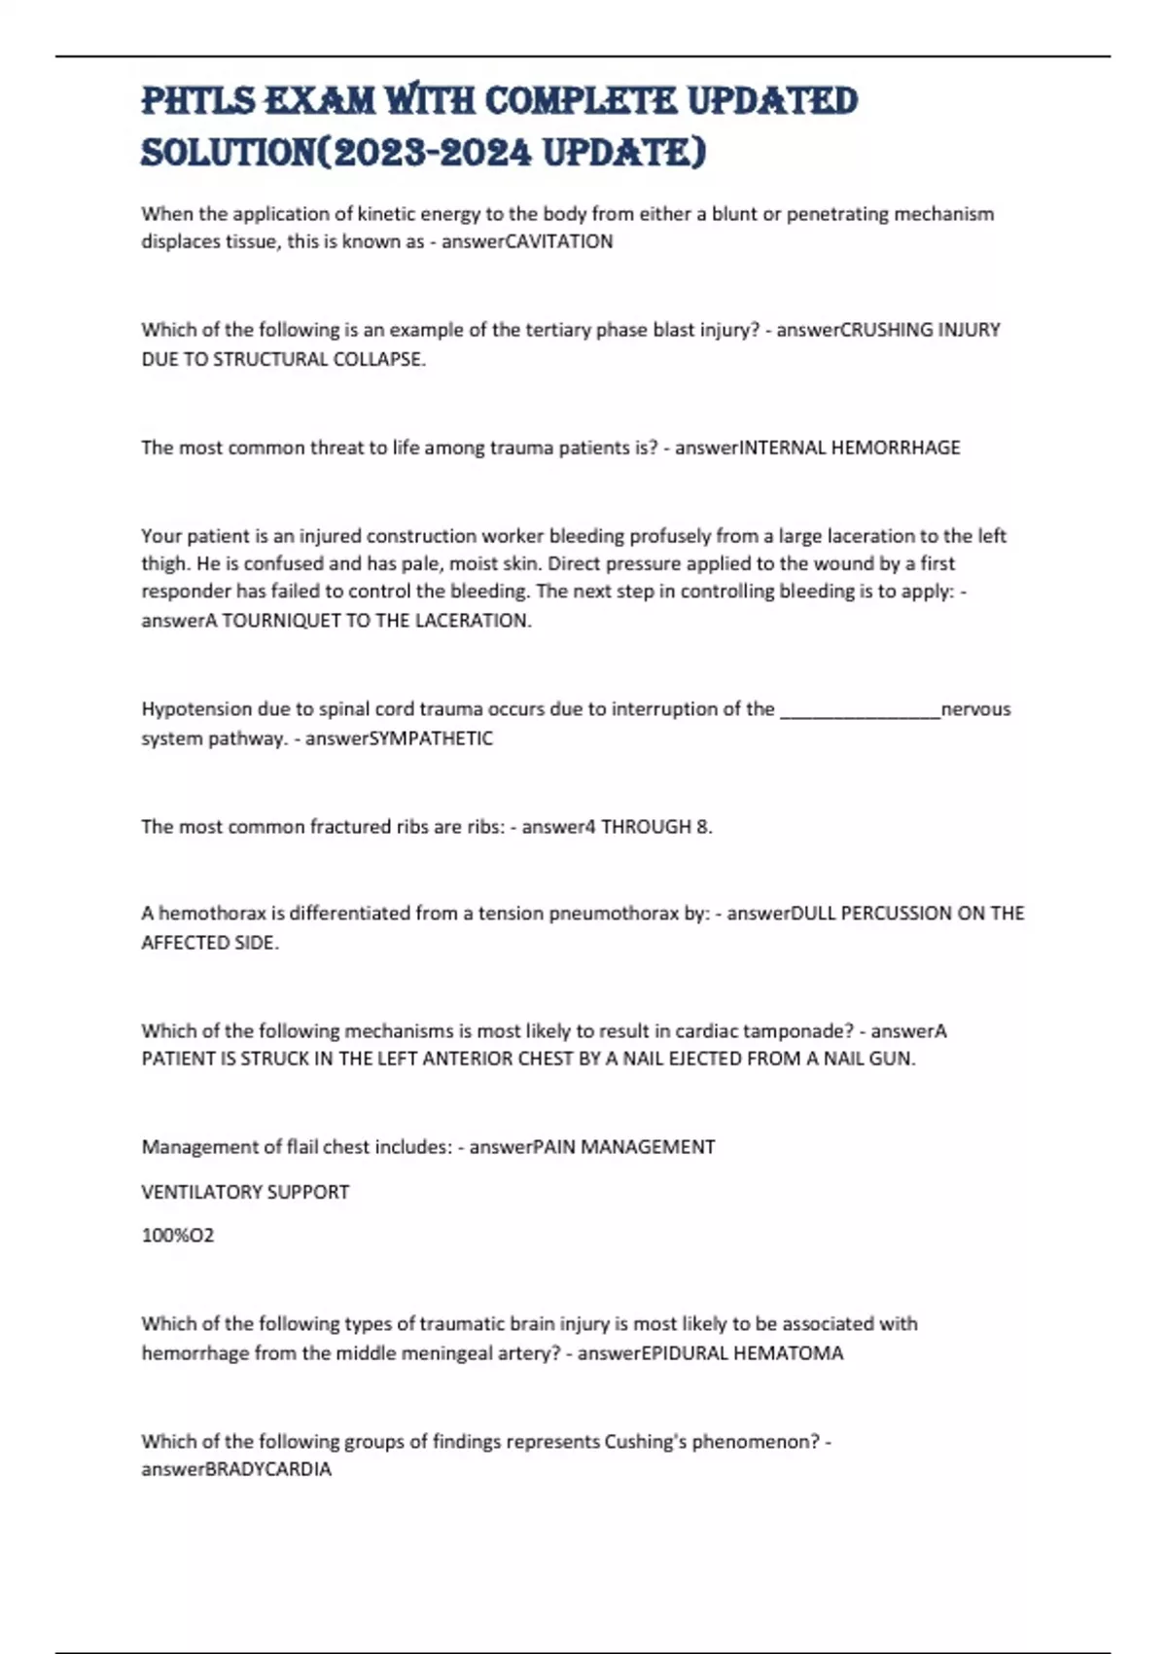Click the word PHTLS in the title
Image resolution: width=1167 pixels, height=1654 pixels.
(x=198, y=101)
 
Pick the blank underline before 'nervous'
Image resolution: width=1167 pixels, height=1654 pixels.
(x=860, y=710)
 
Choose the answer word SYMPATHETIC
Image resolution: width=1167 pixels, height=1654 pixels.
(x=427, y=738)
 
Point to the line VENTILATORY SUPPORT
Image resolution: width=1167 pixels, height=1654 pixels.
(x=245, y=1192)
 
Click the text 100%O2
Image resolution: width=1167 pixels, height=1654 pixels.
(x=178, y=1236)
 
